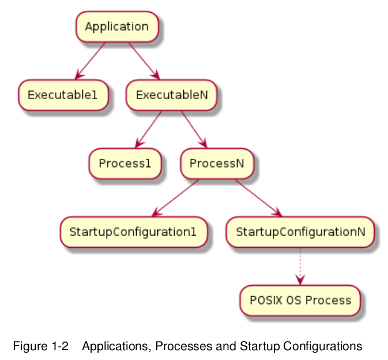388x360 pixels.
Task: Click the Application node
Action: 117,26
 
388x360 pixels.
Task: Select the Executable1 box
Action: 63,95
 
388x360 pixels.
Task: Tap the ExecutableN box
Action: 171,95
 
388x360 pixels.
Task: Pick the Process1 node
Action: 125,164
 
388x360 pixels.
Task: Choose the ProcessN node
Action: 217,164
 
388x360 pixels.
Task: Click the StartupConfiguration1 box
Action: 134,232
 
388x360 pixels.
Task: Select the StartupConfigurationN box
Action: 300,232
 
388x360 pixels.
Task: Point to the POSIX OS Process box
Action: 300,301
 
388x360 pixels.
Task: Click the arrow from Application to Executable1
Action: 91,61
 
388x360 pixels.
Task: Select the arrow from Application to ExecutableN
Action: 144,61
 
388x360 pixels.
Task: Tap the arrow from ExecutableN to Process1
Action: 149,130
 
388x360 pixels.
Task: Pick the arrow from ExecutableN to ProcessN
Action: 194,130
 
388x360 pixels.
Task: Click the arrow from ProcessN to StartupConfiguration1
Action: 175,198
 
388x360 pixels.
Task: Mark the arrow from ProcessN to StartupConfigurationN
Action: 258,198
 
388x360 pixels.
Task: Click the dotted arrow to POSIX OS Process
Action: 300,266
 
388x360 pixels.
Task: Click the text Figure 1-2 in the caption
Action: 40,346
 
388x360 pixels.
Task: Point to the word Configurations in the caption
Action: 323,347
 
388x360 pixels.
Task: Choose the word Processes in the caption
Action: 183,346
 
